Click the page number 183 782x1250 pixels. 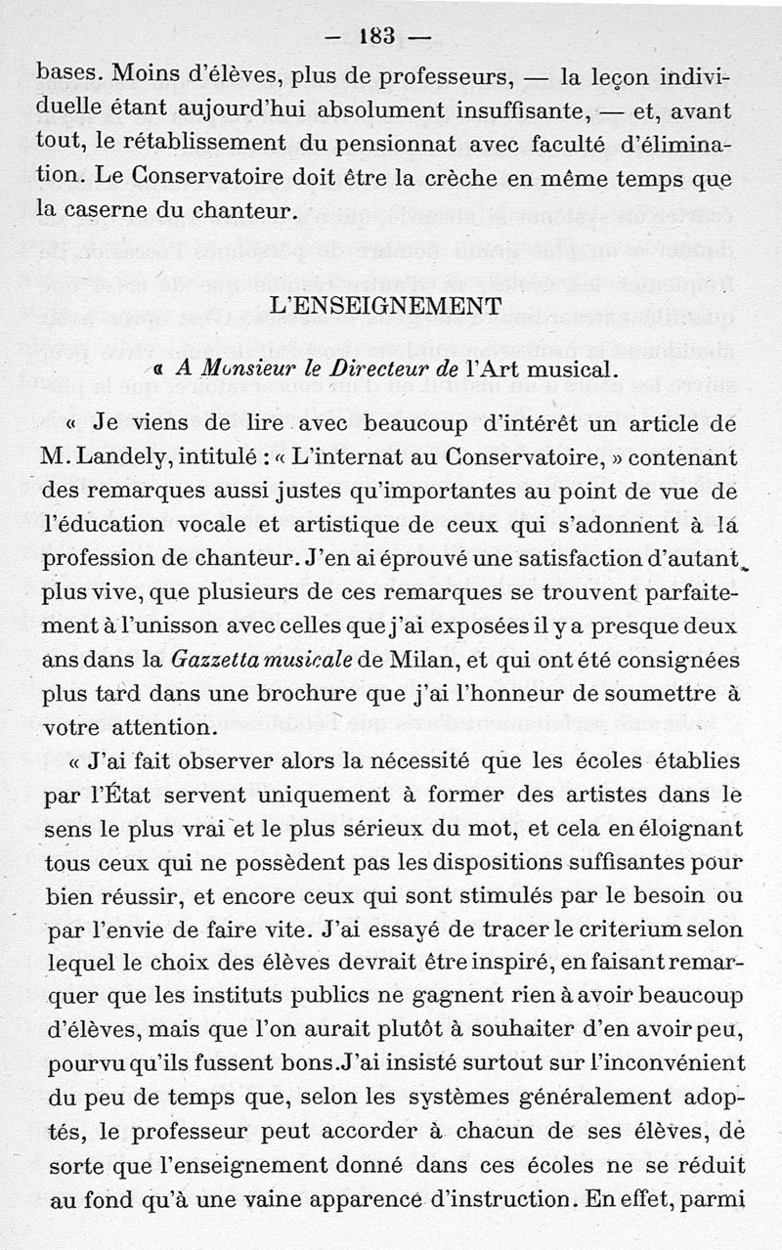376,37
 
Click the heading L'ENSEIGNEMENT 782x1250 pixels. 384,306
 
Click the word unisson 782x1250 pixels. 164,627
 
